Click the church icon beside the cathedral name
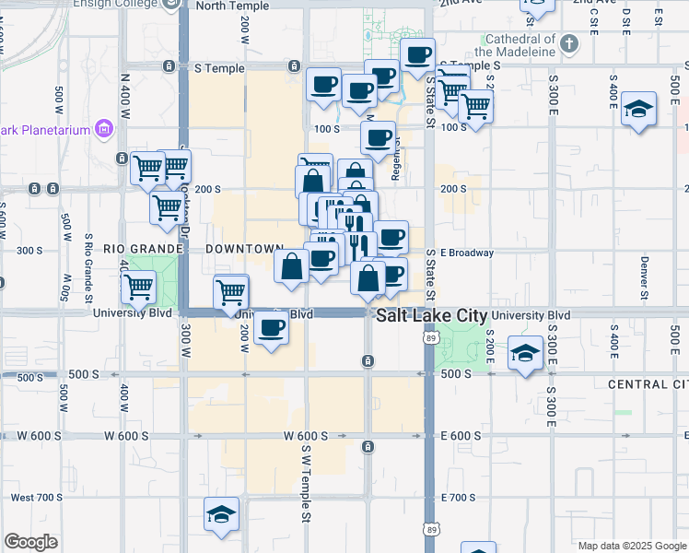[569, 41]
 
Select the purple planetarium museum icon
[104, 129]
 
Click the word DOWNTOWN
[243, 250]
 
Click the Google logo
[30, 542]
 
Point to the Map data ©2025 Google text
[631, 546]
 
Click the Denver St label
[645, 267]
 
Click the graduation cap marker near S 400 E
[638, 110]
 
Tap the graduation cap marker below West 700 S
[221, 514]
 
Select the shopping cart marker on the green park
[138, 286]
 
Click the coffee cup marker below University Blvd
[271, 328]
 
